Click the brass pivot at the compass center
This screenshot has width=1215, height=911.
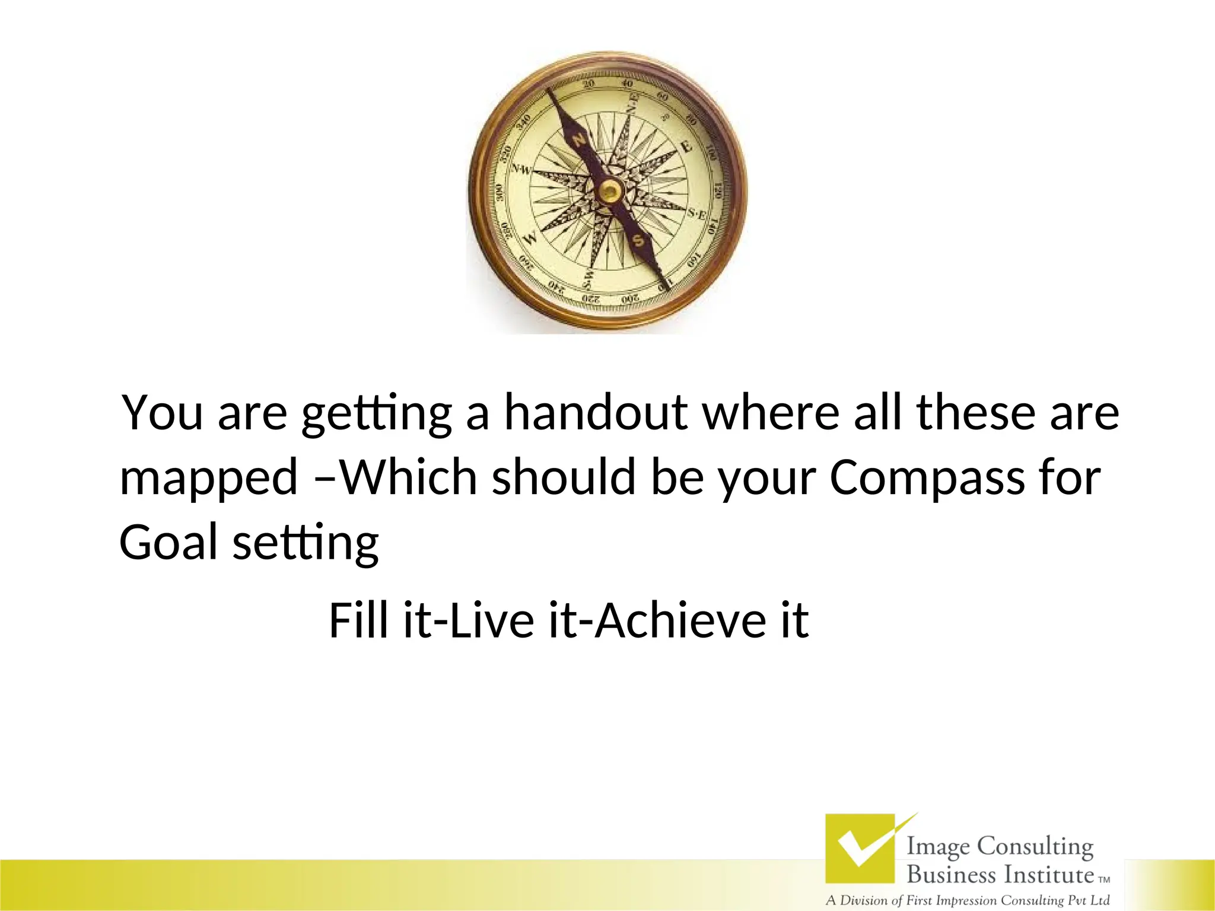click(x=609, y=191)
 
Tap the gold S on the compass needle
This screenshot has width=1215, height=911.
click(x=638, y=241)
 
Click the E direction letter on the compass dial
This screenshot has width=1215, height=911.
click(x=686, y=146)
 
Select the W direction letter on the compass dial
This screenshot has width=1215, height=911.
click(x=531, y=237)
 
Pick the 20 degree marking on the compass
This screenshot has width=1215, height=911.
click(x=588, y=84)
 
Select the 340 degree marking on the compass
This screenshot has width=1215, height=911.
click(x=523, y=121)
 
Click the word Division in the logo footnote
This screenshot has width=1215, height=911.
click(x=864, y=900)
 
